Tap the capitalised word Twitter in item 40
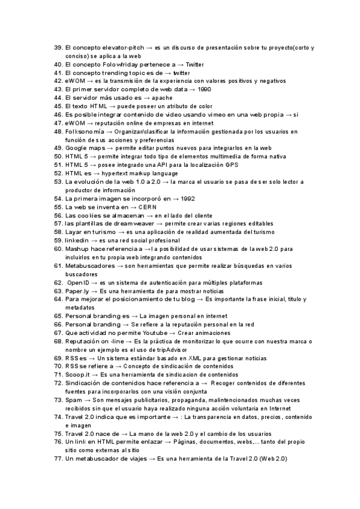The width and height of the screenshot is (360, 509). [196, 64]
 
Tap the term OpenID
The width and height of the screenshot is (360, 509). [79, 282]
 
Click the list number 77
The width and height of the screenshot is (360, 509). [58, 459]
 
